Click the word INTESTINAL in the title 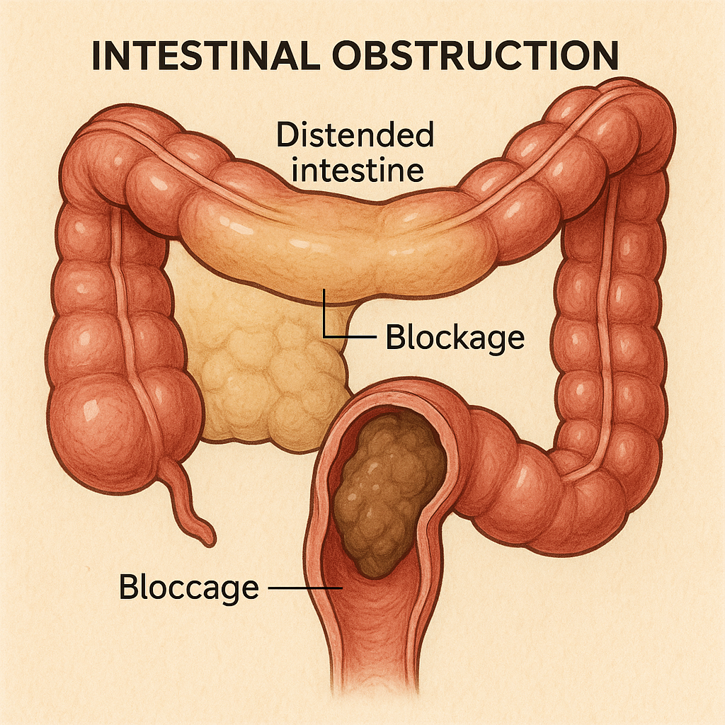pos(211,57)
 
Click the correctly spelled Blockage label pos(455,338)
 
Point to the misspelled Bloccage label pos(189,588)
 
